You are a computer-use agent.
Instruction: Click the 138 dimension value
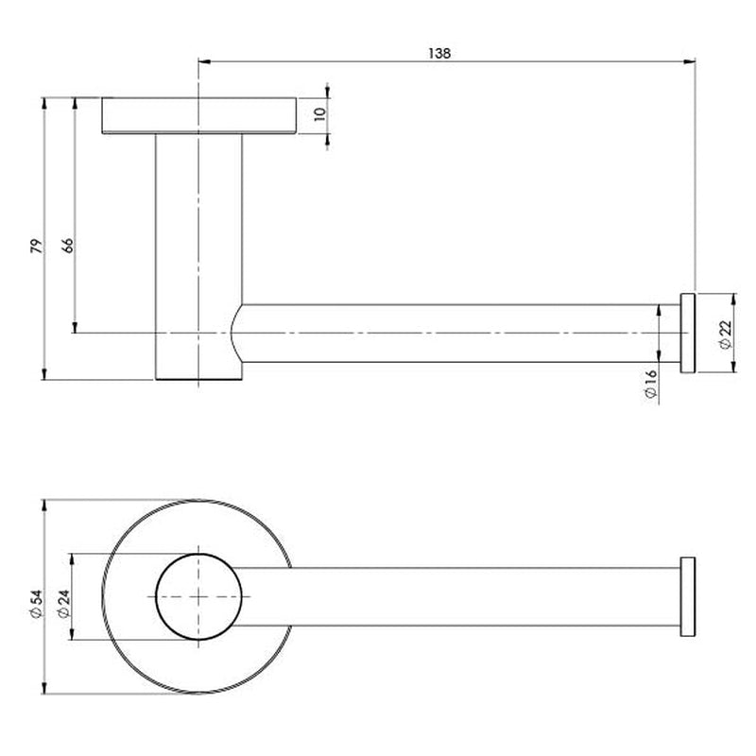point(438,53)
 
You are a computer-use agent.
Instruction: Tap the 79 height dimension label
point(36,247)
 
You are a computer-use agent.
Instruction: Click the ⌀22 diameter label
point(724,333)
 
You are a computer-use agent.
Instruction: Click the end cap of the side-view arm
point(688,333)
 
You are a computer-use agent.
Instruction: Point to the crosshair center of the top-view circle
point(198,597)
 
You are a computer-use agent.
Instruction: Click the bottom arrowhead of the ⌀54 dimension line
point(45,694)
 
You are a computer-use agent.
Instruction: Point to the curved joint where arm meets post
point(236,334)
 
